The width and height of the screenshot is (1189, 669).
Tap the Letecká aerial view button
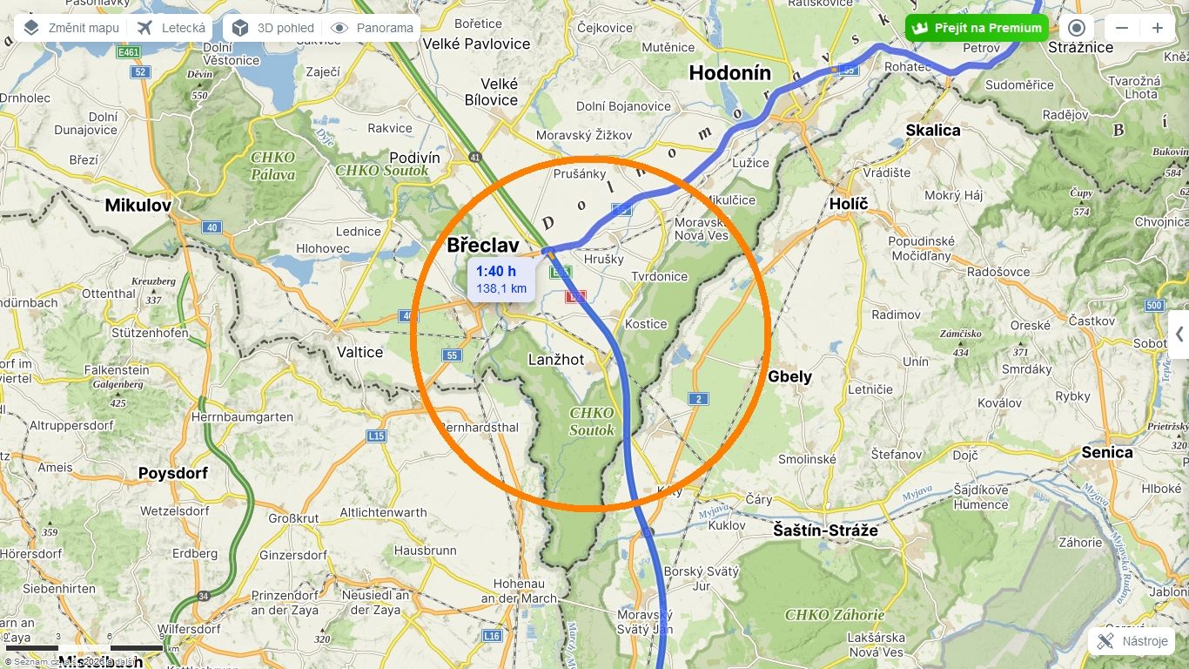(171, 28)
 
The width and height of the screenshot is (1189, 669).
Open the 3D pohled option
(273, 28)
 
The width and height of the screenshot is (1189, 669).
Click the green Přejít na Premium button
(977, 28)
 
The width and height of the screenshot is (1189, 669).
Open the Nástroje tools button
(1132, 641)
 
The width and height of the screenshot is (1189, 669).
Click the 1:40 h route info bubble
(501, 280)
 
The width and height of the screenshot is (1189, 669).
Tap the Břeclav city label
(483, 246)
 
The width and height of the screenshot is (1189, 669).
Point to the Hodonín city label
(730, 73)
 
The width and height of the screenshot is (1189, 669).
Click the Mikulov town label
(138, 206)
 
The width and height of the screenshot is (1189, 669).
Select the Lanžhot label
(556, 360)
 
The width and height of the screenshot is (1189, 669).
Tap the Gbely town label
(789, 376)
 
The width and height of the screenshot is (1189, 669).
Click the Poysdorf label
(173, 473)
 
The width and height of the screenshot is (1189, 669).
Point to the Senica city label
(1107, 452)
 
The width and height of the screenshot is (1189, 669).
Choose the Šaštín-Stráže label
(825, 530)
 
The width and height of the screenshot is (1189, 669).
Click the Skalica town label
(933, 130)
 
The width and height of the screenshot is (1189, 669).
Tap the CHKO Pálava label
(273, 166)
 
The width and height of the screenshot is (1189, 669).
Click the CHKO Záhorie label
(835, 615)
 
